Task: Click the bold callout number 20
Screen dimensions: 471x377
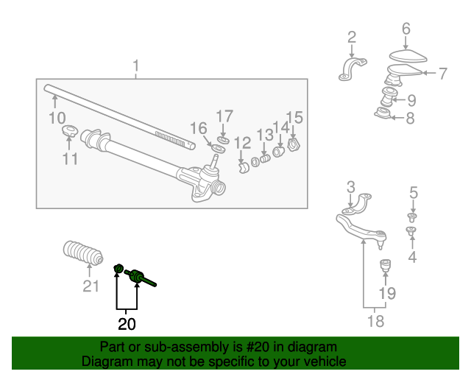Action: [x=127, y=324]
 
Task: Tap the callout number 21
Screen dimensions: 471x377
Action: [x=91, y=286]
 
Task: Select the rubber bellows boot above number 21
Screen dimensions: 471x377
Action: [x=83, y=253]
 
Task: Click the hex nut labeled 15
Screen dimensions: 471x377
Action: [x=294, y=144]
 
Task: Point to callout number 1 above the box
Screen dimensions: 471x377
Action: [x=136, y=66]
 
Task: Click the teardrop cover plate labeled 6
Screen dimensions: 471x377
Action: [x=408, y=56]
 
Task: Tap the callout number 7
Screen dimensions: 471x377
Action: [x=443, y=74]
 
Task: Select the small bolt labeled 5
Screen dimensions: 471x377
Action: [x=412, y=217]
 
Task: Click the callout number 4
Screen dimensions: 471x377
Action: [x=412, y=257]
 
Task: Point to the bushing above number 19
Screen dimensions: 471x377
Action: [x=386, y=265]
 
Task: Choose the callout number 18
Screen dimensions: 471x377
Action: [x=376, y=321]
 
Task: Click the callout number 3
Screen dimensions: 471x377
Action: [x=351, y=187]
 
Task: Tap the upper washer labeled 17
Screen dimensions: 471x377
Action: [x=223, y=140]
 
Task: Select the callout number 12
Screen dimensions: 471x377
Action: [x=242, y=143]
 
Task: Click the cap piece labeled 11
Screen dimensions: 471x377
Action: [x=69, y=130]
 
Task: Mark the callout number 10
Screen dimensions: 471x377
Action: [x=57, y=118]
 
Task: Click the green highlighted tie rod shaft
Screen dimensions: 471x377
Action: [x=141, y=277]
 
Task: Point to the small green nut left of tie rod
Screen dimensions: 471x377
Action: [x=118, y=267]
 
